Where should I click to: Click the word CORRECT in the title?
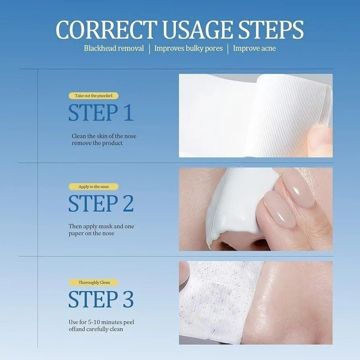(x=107, y=30)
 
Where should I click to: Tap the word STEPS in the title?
(x=271, y=30)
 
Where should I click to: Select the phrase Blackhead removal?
(x=114, y=48)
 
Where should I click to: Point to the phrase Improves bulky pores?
(x=189, y=48)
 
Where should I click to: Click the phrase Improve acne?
(x=254, y=48)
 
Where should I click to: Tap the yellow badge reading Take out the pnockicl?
(x=94, y=96)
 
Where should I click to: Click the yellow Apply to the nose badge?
(x=94, y=187)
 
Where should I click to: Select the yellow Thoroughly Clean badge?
(x=94, y=282)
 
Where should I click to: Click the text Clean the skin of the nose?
(x=104, y=136)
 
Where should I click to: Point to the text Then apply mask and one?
(x=101, y=227)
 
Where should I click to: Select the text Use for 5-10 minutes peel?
(x=101, y=322)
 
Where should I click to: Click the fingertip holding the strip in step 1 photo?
(x=321, y=139)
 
